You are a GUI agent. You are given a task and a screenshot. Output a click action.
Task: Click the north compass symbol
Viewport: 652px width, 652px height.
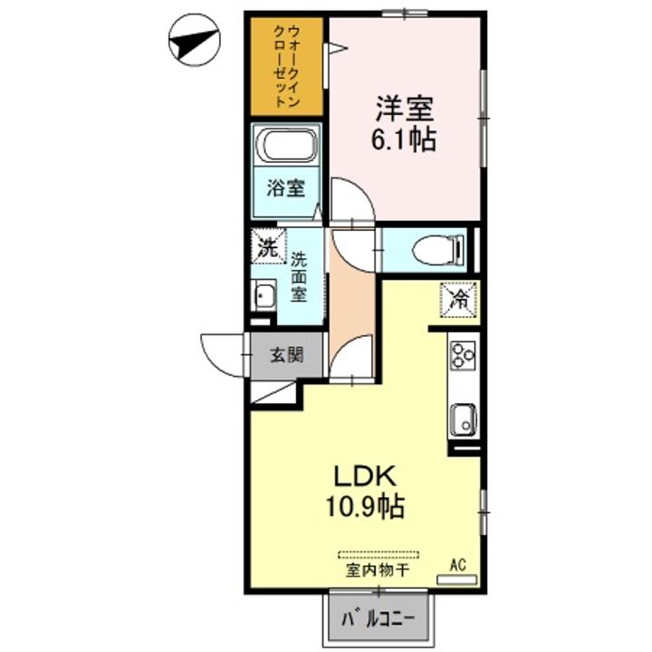pos(194,41)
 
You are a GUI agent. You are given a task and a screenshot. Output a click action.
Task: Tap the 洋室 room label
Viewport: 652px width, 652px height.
pos(405,109)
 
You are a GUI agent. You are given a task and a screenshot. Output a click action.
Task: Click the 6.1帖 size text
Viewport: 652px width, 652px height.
pos(403,139)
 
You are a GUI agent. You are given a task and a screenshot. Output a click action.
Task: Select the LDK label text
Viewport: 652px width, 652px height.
pos(365,476)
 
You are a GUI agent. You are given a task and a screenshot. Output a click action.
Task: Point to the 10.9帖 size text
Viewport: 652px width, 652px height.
pos(365,506)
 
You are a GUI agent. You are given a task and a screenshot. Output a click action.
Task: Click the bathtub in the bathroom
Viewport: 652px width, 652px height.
pos(286,145)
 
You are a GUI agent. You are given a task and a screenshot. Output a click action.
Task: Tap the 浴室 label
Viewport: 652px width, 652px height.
pos(286,188)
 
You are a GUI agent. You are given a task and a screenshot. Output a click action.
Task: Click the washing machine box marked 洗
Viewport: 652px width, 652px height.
pos(269,246)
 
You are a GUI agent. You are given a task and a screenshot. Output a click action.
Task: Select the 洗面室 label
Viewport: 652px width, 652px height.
pos(299,277)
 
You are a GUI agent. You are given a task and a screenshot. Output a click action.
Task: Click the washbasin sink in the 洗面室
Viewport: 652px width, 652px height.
pos(264,295)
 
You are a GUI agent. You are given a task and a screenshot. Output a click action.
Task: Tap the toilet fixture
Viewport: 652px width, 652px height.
pos(438,250)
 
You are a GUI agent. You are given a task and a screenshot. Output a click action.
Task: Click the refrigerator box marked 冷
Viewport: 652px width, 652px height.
pos(458,299)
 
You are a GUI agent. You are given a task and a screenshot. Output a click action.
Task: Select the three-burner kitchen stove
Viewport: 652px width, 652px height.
pos(463,355)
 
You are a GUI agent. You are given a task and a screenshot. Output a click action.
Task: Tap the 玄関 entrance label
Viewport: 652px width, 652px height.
pos(287,355)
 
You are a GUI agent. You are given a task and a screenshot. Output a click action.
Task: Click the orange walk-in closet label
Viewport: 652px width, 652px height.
pos(287,66)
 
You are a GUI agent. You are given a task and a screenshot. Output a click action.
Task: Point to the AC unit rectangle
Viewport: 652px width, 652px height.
pos(456,580)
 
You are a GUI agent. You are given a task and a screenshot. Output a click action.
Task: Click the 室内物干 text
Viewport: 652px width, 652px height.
pos(378,570)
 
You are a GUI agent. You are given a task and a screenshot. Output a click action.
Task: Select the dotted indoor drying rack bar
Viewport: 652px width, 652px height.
pos(379,555)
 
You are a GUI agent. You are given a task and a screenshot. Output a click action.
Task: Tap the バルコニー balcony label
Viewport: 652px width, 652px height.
pos(379,619)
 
